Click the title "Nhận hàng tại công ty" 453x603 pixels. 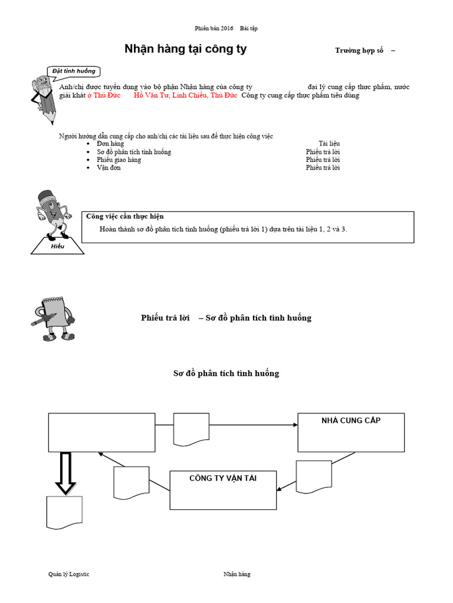pyautogui.click(x=185, y=49)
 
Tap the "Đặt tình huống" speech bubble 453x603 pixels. pyautogui.click(x=74, y=71)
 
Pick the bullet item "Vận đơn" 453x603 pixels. pyautogui.click(x=109, y=168)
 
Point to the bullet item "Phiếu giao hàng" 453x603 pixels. pyautogui.click(x=119, y=160)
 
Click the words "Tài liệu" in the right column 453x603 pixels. pyautogui.click(x=329, y=144)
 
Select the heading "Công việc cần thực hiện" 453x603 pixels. pyautogui.click(x=125, y=217)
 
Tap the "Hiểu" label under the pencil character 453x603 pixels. pyautogui.click(x=57, y=247)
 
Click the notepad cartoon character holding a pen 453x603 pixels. pyautogui.click(x=53, y=317)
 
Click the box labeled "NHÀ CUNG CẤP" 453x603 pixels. pyautogui.click(x=351, y=432)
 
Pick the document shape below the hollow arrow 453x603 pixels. pyautogui.click(x=63, y=512)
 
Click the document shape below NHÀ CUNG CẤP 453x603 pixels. pyautogui.click(x=313, y=476)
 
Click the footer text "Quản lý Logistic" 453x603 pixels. pyautogui.click(x=69, y=574)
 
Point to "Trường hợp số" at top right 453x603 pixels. pyautogui.click(x=359, y=51)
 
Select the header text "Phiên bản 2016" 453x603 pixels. pyautogui.click(x=214, y=28)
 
